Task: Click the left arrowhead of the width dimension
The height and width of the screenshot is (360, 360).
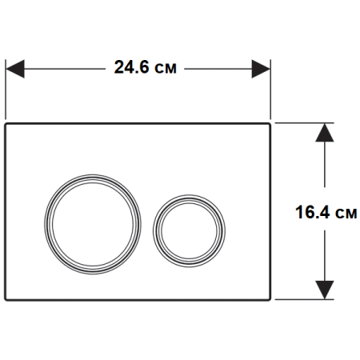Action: tap(16, 69)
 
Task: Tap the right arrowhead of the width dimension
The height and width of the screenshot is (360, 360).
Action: tap(262, 69)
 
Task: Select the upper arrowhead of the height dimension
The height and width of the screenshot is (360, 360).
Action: tap(324, 132)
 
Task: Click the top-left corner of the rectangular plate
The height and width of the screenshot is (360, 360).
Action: tap(7, 124)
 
